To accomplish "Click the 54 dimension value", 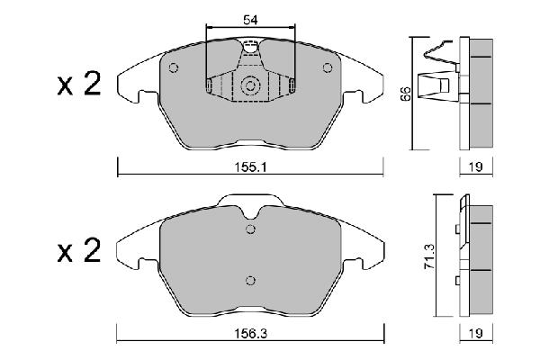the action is (x=250, y=20).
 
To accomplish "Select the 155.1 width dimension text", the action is (x=251, y=167).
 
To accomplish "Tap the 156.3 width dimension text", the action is (x=251, y=333).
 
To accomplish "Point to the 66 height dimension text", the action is (x=406, y=93).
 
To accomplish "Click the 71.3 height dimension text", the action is (x=430, y=256).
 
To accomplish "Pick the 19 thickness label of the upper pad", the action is (x=476, y=167).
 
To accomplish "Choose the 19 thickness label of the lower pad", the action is (x=476, y=333).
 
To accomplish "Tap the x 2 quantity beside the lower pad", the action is (x=79, y=250).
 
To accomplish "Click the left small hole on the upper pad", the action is (x=174, y=67).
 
